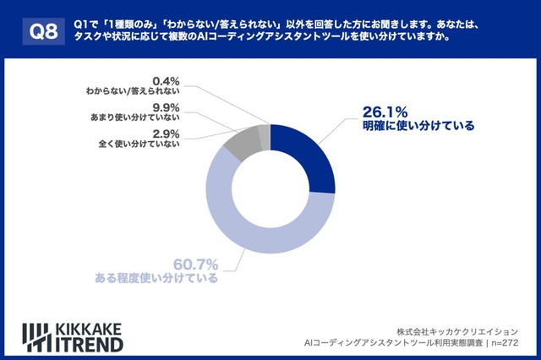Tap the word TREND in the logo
(x=93, y=344)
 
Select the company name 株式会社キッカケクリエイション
(x=457, y=330)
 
